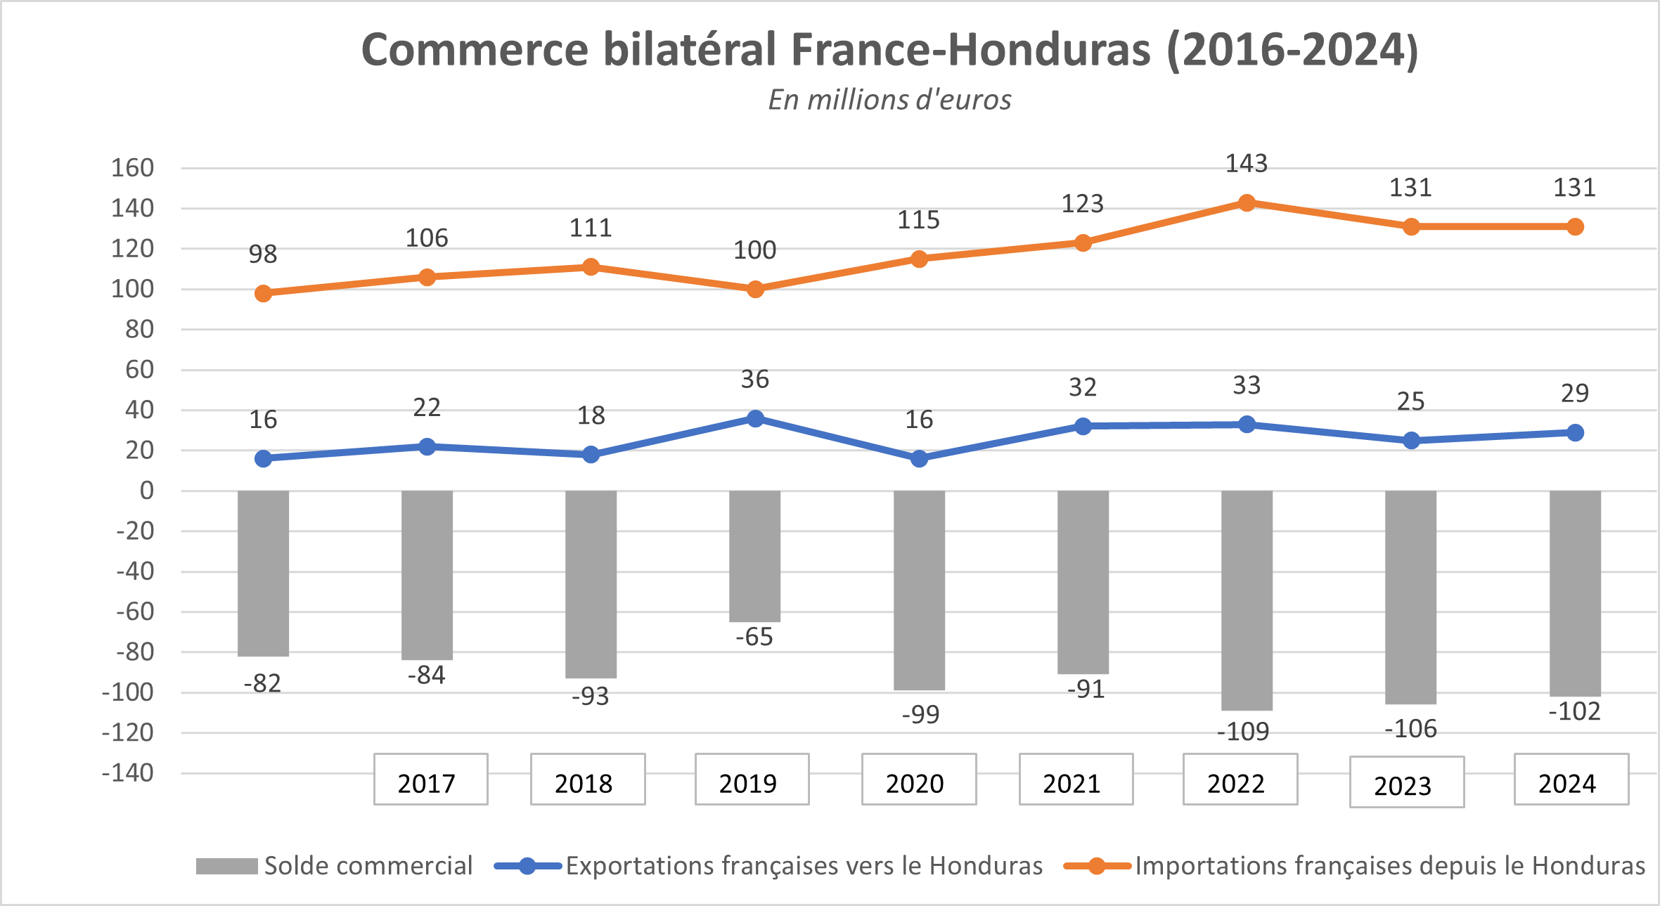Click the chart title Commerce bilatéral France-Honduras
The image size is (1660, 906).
click(x=889, y=50)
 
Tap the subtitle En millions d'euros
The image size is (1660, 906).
click(x=889, y=100)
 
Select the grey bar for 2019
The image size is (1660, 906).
click(x=754, y=555)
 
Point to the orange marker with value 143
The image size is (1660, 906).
click(x=1247, y=203)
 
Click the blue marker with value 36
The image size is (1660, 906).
click(x=755, y=419)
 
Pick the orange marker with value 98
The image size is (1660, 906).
click(x=263, y=293)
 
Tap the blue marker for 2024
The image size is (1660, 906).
click(x=1575, y=433)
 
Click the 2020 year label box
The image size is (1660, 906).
click(x=918, y=779)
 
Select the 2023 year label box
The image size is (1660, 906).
click(x=1406, y=782)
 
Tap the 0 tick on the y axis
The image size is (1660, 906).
click(x=146, y=491)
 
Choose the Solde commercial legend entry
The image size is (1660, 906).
click(x=334, y=866)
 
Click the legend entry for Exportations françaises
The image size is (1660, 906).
click(x=768, y=866)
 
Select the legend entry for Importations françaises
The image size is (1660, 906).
click(x=1354, y=866)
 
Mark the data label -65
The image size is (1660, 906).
click(x=754, y=637)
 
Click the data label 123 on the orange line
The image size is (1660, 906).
click(x=1082, y=204)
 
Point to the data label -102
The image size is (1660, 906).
click(x=1574, y=711)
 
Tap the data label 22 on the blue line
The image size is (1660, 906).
click(x=427, y=408)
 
